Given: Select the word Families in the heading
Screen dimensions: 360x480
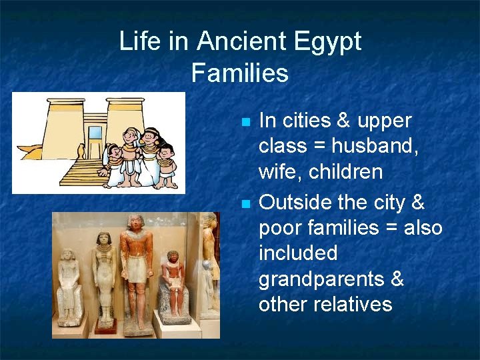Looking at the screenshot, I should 240,73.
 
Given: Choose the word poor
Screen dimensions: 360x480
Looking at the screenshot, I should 281,228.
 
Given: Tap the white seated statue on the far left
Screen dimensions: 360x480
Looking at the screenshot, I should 69,287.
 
